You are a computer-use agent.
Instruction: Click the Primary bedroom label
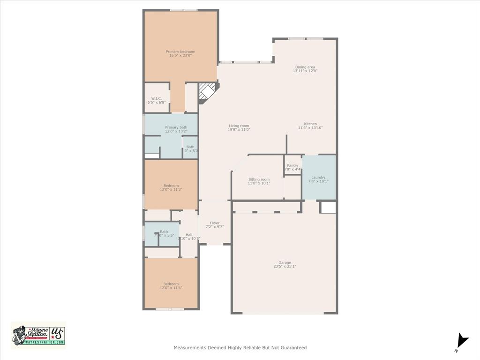[x=180, y=52]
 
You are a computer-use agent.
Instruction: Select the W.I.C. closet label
[x=157, y=98]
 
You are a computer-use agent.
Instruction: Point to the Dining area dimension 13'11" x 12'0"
[x=305, y=71]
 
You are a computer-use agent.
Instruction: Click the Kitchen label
[x=310, y=124]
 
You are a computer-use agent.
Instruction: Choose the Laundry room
[x=318, y=178]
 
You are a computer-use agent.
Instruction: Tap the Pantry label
[x=292, y=165]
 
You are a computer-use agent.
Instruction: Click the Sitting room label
[x=259, y=180]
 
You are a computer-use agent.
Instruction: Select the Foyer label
[x=215, y=223]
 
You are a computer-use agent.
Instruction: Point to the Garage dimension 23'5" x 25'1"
[x=285, y=266]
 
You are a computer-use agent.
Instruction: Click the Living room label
[x=239, y=126]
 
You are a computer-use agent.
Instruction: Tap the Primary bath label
[x=176, y=127]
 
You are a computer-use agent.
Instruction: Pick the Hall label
[x=189, y=235]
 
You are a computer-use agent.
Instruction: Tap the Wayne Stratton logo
[x=38, y=336]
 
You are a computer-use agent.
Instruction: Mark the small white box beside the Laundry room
[x=328, y=207]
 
